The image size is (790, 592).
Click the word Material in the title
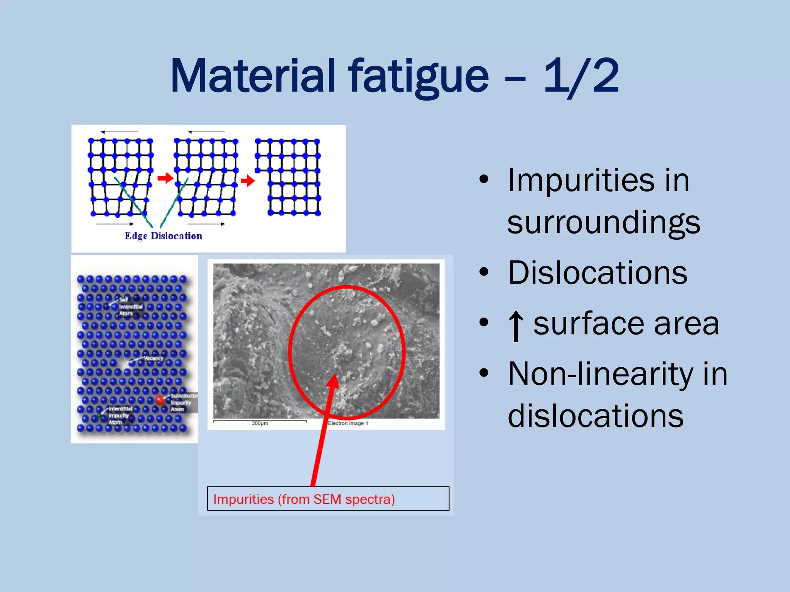click(x=253, y=76)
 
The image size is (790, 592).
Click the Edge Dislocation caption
click(x=163, y=236)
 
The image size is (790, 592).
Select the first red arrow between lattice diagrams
click(x=165, y=178)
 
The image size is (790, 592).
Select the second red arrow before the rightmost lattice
click(x=248, y=180)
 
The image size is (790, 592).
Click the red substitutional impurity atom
click(x=160, y=400)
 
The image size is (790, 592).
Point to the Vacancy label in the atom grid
click(x=154, y=358)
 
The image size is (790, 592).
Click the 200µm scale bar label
click(x=260, y=423)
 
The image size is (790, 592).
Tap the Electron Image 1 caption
click(x=348, y=423)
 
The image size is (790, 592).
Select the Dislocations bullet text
click(x=598, y=273)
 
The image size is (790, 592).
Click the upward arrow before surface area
click(x=516, y=326)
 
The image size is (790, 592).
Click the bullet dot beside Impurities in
click(x=484, y=180)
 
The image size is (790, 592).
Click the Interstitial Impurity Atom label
click(x=120, y=415)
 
